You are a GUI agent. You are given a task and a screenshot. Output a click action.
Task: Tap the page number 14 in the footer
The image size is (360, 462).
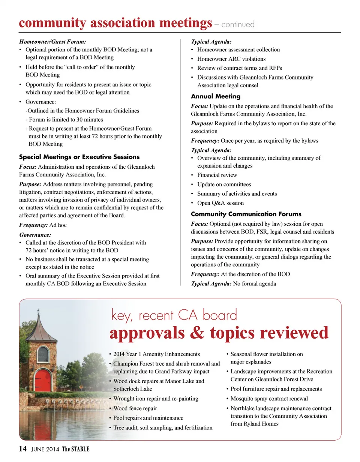22,449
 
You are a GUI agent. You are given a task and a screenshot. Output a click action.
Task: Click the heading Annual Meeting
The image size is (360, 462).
216,96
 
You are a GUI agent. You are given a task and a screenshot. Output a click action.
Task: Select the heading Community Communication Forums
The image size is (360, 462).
246,214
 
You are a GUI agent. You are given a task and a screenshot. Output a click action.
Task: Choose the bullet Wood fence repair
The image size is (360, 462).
135,408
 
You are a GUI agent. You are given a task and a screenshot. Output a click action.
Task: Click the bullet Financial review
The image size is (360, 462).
217,175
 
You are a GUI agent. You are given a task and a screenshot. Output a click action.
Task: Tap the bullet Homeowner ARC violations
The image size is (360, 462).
231,59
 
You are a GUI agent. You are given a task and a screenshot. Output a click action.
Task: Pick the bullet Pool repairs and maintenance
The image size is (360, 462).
148,418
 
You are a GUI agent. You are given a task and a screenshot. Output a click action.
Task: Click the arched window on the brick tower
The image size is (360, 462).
43,354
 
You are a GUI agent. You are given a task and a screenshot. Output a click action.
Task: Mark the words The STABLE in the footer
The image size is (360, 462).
76,449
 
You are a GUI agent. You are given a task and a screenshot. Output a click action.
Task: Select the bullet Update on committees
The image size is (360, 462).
224,184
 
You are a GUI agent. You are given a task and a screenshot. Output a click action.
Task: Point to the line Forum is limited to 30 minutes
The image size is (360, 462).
66,120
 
